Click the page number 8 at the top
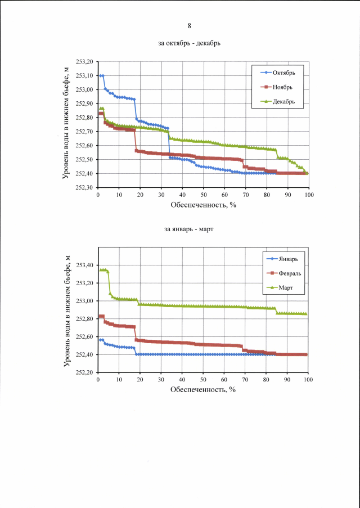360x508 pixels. pos(189,26)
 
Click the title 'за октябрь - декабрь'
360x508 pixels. pos(189,44)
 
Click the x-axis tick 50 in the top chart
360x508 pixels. pos(203,195)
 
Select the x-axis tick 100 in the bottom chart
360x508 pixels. pos(308,380)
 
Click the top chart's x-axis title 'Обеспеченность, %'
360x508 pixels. pos(204,205)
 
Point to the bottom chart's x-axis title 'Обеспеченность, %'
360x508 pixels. pos(204,390)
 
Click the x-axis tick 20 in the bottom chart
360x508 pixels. pos(140,380)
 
